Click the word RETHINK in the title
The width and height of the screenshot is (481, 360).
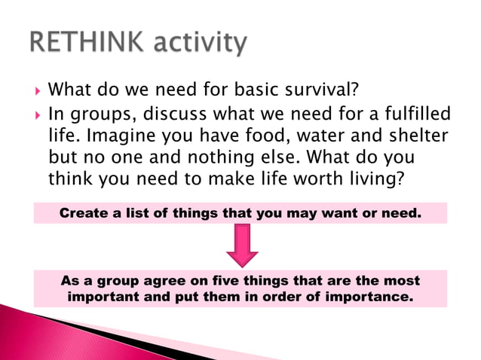click(x=84, y=43)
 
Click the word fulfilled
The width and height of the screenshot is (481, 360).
click(x=412, y=114)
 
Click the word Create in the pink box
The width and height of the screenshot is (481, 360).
click(x=83, y=213)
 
